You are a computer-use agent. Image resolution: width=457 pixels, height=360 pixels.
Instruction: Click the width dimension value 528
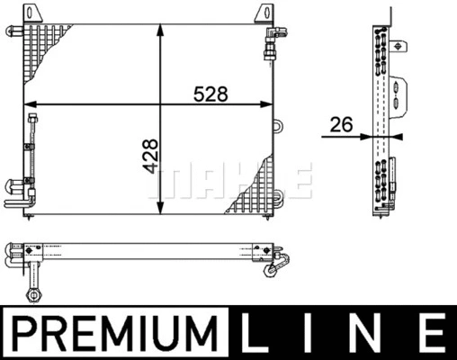(211, 94)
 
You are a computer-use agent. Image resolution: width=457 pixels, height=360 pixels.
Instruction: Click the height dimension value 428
(150, 156)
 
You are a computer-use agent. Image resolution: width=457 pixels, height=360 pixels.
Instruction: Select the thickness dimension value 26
(341, 125)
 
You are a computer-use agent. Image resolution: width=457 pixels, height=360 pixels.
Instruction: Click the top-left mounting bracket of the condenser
(32, 13)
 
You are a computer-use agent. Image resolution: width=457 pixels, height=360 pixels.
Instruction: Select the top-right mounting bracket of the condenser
(264, 13)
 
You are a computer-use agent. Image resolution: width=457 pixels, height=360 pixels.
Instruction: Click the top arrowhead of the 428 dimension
(161, 31)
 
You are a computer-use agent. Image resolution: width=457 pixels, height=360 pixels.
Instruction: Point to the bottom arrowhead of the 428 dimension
(161, 208)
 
